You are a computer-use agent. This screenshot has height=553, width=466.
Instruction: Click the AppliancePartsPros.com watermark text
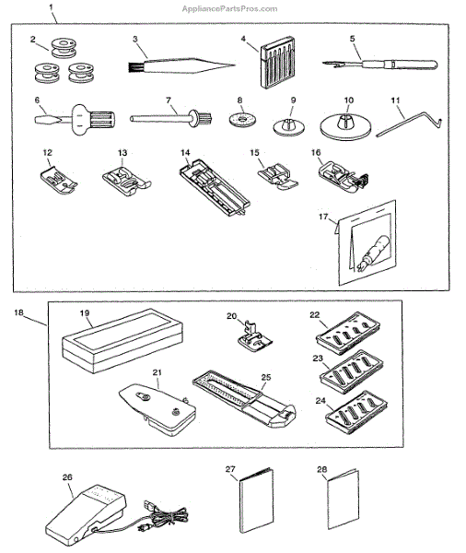pyautogui.click(x=229, y=9)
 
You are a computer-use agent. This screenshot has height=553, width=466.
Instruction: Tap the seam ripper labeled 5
pyautogui.click(x=379, y=65)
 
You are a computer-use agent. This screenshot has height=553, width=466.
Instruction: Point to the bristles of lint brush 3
pyautogui.click(x=134, y=67)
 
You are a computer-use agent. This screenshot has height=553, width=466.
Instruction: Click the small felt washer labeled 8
pyautogui.click(x=242, y=119)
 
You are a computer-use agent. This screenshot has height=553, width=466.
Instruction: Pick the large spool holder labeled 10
pyautogui.click(x=345, y=126)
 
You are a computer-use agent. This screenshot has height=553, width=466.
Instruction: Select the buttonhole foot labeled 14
pyautogui.click(x=215, y=188)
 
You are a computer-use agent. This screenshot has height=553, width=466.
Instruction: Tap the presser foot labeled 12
pyautogui.click(x=59, y=181)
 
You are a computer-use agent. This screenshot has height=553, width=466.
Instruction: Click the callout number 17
pyautogui.click(x=323, y=217)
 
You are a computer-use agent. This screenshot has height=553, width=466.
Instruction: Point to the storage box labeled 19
pyautogui.click(x=122, y=341)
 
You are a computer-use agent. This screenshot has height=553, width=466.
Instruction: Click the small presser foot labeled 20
pyautogui.click(x=254, y=336)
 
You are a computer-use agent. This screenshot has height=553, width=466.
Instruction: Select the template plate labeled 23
pyautogui.click(x=352, y=371)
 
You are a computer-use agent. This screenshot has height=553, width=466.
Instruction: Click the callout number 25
pyautogui.click(x=266, y=377)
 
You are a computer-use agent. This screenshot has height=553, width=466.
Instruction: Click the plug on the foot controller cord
pyautogui.click(x=150, y=507)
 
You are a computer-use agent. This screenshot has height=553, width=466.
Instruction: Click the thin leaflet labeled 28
pyautogui.click(x=344, y=499)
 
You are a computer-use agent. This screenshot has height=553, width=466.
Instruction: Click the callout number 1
pyautogui.click(x=51, y=7)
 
